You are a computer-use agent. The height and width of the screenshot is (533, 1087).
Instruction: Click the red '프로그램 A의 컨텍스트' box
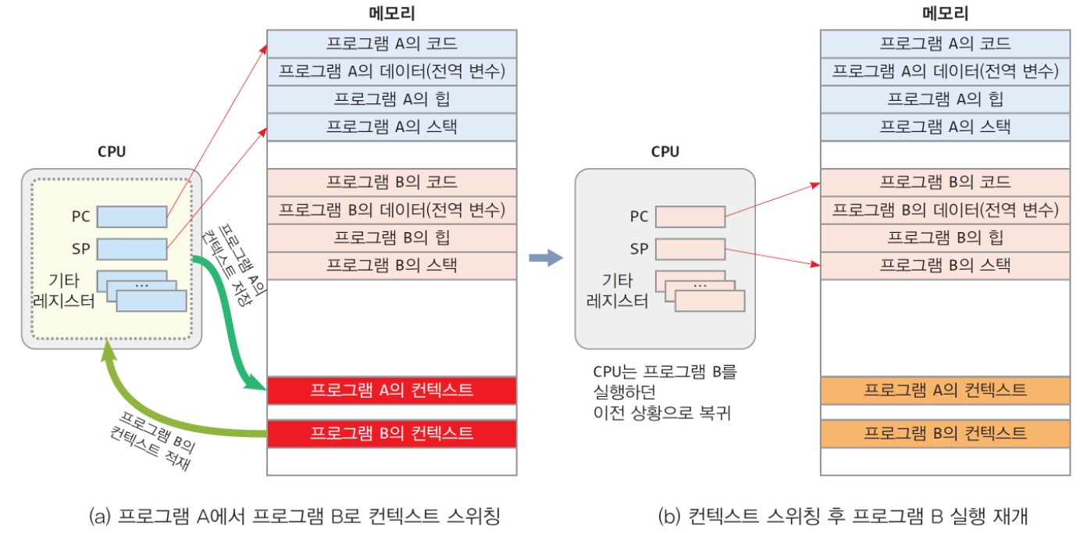[x=391, y=391]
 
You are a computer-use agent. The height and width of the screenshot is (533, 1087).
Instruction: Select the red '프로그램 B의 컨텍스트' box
[x=391, y=434]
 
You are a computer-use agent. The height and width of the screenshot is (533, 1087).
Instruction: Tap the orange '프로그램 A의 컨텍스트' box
[x=945, y=391]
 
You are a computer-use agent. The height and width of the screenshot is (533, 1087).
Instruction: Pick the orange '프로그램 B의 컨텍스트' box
[x=945, y=434]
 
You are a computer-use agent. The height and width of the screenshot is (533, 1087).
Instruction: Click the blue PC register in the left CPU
[x=132, y=216]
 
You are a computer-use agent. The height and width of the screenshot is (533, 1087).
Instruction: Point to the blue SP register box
[x=132, y=249]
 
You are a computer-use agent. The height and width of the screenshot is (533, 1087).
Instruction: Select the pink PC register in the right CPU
[x=690, y=216]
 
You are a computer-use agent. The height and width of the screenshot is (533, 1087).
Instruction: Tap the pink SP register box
[x=690, y=249]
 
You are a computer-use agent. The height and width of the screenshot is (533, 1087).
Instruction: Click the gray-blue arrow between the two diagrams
[x=546, y=258]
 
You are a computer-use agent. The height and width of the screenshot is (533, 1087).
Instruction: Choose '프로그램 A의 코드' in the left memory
[x=391, y=43]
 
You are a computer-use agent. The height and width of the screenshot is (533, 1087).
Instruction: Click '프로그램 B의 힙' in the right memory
[x=945, y=238]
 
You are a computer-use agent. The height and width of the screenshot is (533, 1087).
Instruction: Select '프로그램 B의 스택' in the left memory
[x=391, y=266]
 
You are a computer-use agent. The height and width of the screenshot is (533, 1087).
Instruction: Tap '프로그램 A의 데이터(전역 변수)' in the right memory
[x=945, y=71]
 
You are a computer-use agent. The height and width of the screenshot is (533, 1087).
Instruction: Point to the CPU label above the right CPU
[x=665, y=152]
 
